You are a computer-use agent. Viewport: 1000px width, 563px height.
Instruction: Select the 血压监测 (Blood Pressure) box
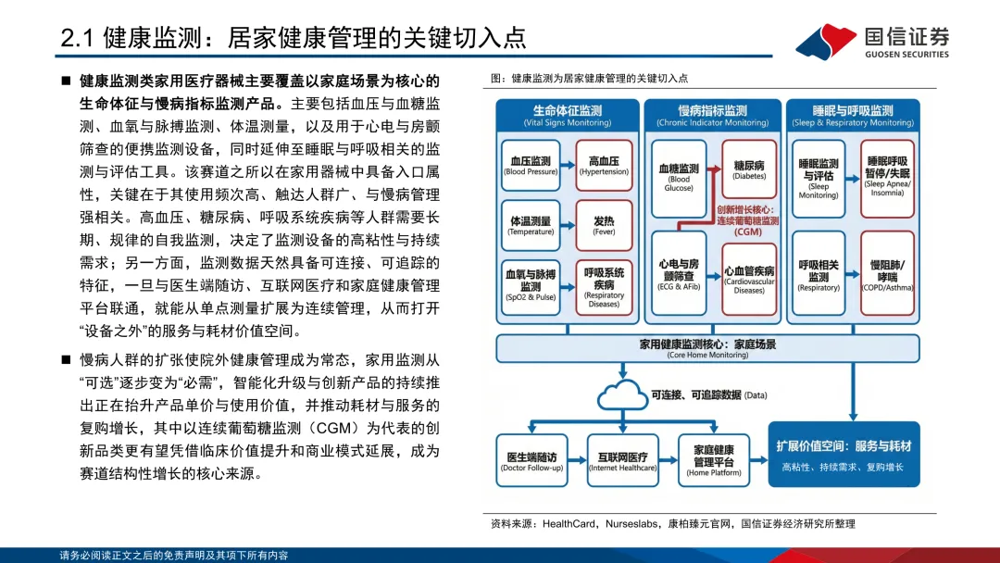click(531, 166)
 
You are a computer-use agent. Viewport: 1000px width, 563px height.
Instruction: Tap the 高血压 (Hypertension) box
click(604, 166)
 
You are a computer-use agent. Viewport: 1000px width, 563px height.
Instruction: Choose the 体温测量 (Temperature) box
click(531, 226)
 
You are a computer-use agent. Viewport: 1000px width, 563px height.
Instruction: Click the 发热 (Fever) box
click(604, 226)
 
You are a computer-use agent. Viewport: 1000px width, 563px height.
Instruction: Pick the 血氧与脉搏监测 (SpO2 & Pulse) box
click(531, 285)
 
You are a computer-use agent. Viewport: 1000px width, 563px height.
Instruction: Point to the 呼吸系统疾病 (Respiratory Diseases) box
click(604, 285)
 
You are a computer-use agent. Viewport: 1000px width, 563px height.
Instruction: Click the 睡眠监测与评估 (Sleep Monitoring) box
click(819, 175)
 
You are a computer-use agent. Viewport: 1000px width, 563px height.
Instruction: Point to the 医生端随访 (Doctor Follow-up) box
click(531, 461)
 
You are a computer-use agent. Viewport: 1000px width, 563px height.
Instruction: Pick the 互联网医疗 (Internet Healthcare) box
click(622, 461)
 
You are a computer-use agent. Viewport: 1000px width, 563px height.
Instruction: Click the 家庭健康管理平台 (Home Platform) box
click(713, 461)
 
